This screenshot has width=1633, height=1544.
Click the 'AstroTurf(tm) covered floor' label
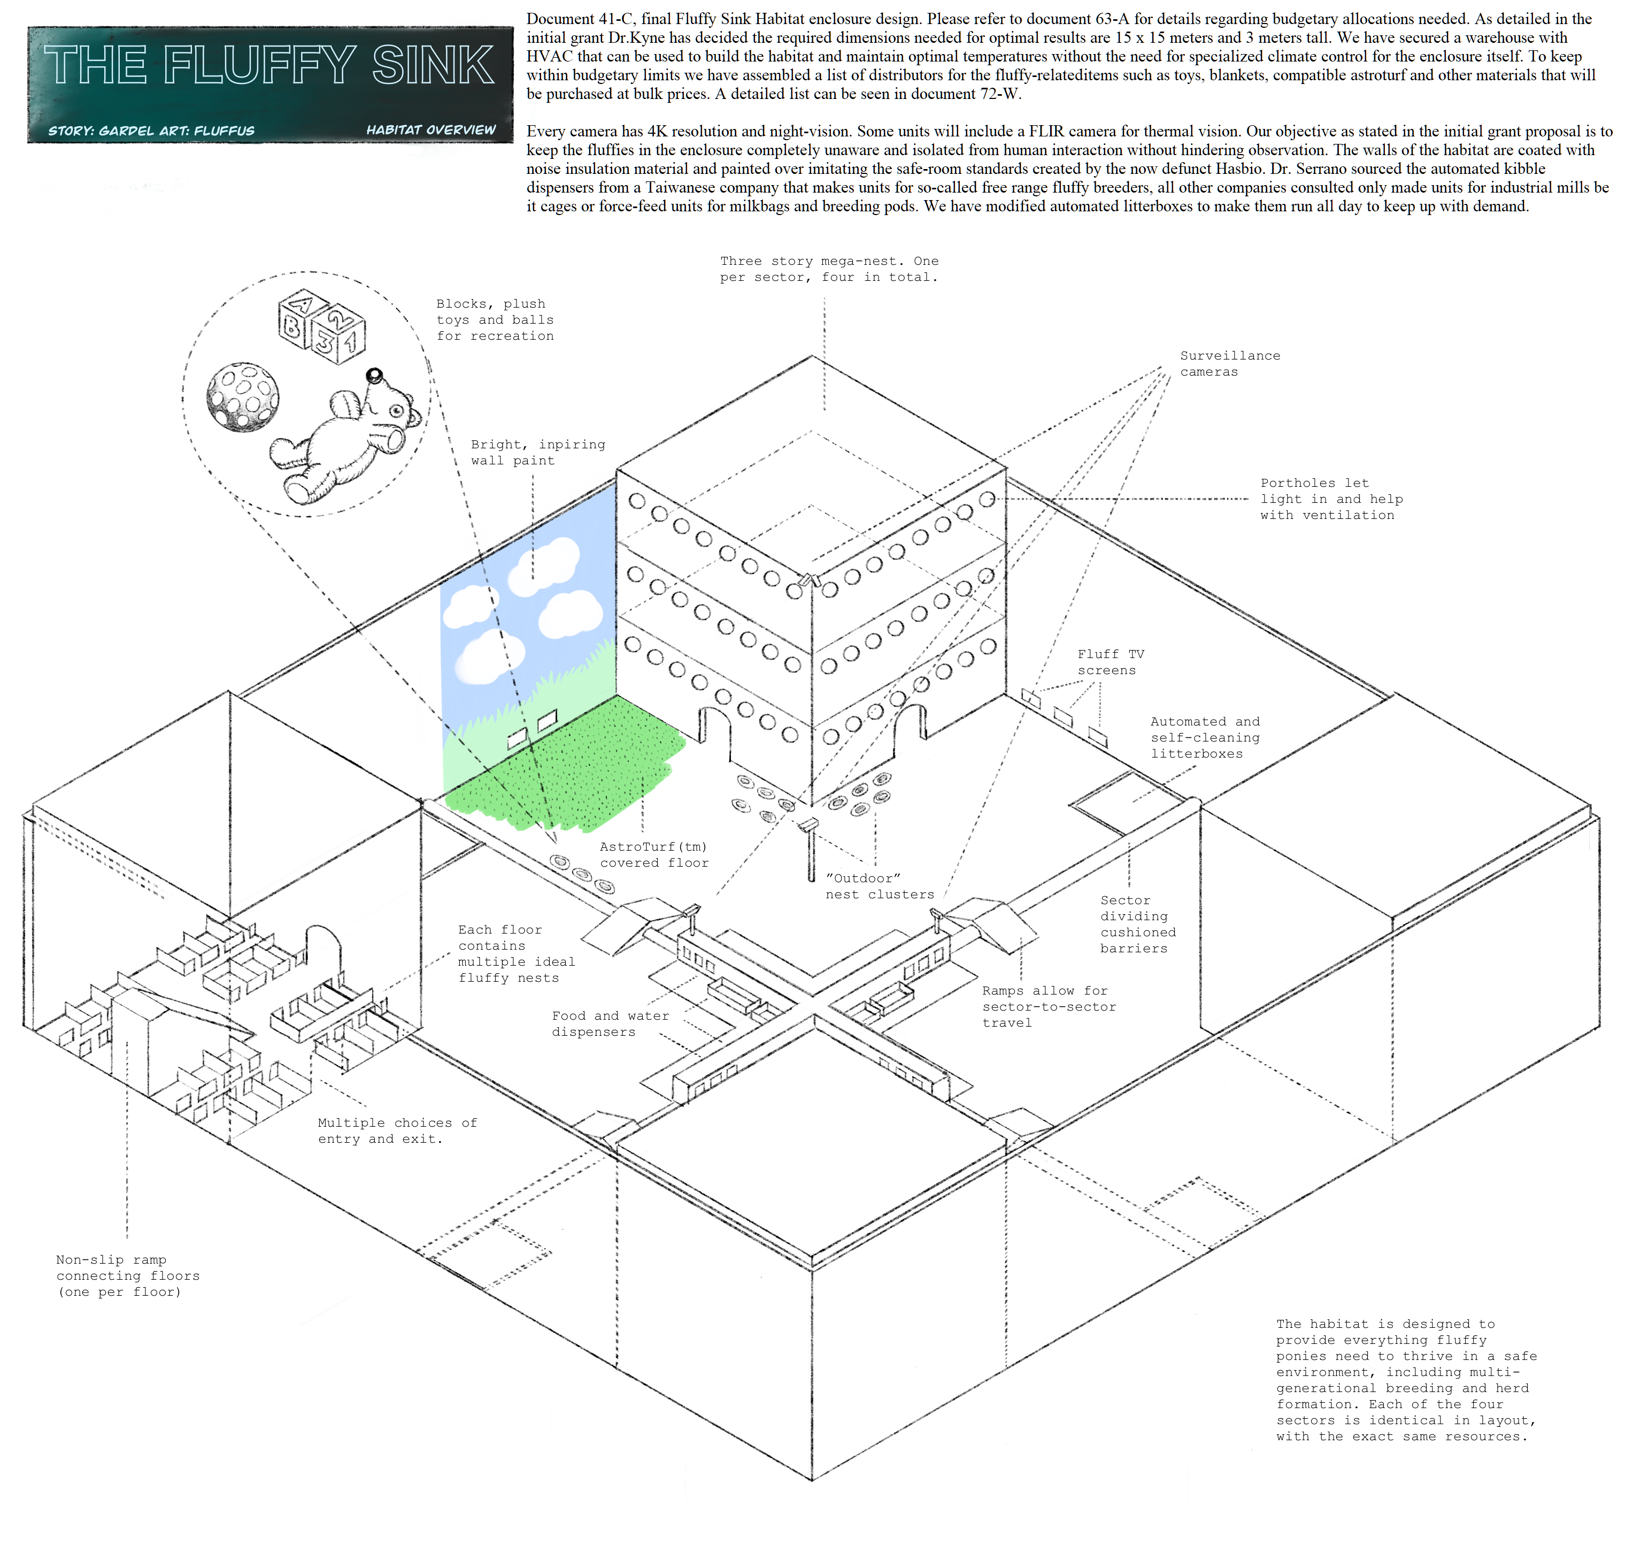[x=653, y=854]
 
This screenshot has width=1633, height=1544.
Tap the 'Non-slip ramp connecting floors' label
[x=127, y=1275]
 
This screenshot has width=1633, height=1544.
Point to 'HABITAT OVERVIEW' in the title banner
[x=430, y=130]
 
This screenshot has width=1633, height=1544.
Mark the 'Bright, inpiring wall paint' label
[x=537, y=453]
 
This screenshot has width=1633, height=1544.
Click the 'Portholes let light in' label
[x=1330, y=499]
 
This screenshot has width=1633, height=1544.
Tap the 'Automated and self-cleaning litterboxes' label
[x=1204, y=737]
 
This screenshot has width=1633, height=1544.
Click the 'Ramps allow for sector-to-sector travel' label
[x=1048, y=1006]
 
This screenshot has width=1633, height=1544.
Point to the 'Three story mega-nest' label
[x=828, y=269]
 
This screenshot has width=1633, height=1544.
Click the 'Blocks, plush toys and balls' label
[x=495, y=320]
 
